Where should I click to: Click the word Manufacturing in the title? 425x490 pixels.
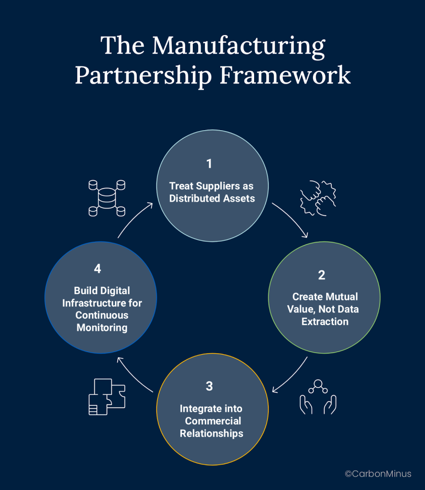pos(238,46)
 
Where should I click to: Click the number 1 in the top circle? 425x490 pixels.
pos(209,164)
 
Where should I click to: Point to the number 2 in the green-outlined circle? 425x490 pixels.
pos(322,275)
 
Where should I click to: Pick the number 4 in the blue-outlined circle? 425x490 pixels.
pos(98,269)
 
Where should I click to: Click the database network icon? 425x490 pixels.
pos(107,198)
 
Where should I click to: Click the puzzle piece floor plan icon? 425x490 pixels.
pos(107,397)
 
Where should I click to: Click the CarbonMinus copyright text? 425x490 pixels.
pos(378,474)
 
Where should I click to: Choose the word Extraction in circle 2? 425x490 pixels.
pos(324,322)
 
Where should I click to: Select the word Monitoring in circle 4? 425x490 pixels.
pos(101,328)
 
